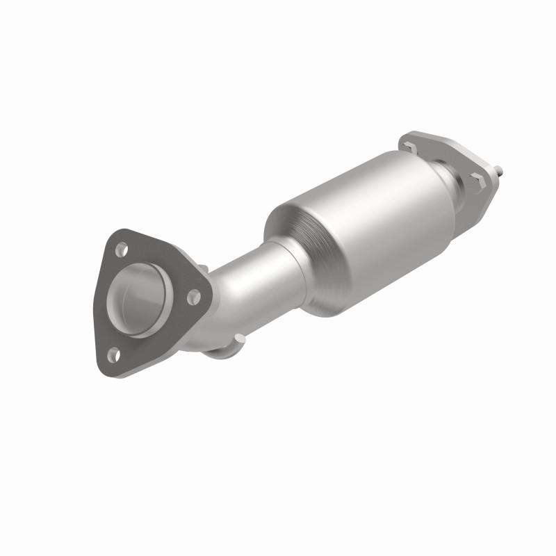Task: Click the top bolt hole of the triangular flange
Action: pos(122,247)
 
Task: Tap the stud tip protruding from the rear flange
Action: pos(501,169)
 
